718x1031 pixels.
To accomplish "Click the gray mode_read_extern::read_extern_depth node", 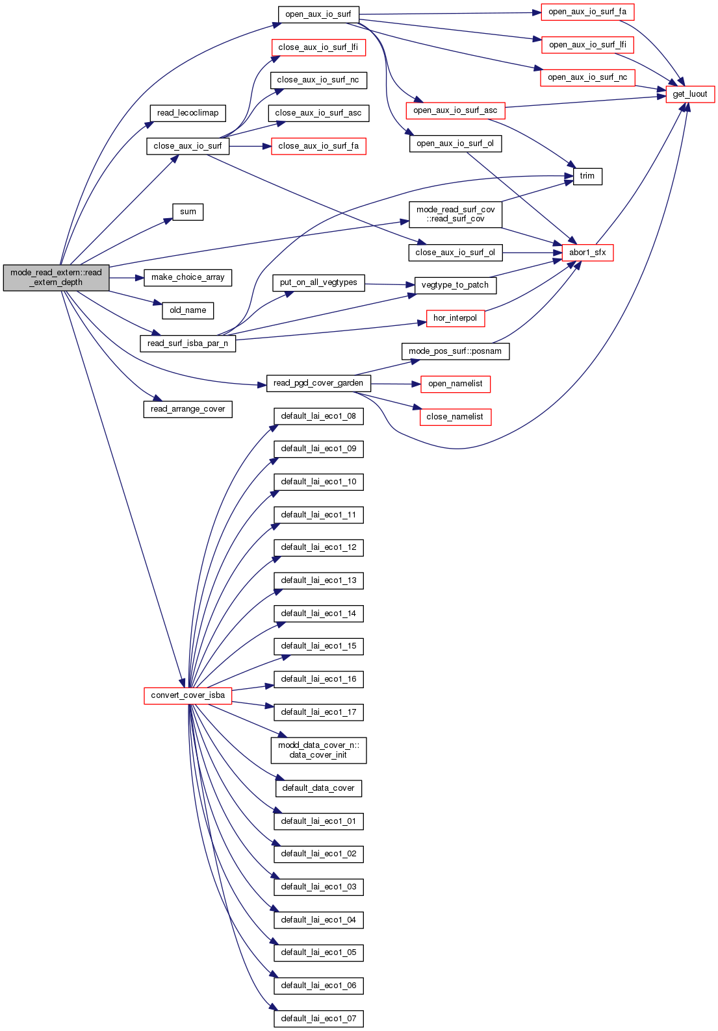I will [x=56, y=277].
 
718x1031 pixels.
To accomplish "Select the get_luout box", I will [x=690, y=94].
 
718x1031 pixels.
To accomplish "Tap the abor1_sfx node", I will [x=587, y=253].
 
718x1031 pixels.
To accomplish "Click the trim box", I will [x=587, y=176].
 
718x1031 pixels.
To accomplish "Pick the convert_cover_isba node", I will [x=188, y=695].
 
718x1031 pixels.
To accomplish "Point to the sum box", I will [x=188, y=212].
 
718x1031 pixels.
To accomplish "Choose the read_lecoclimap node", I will [x=188, y=113].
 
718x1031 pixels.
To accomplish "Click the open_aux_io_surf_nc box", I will [x=587, y=77].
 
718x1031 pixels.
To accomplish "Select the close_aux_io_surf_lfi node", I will [x=318, y=47].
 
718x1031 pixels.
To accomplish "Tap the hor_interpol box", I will [x=455, y=318].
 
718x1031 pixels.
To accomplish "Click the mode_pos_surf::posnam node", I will [x=455, y=351].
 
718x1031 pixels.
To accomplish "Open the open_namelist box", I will [x=455, y=384].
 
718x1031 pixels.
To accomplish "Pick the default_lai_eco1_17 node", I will [x=318, y=712].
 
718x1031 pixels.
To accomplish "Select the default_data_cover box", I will [x=318, y=788].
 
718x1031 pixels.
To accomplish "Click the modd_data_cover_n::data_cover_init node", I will [x=318, y=750].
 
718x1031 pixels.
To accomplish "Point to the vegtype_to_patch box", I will [x=455, y=285].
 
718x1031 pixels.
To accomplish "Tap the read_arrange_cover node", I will [x=188, y=409].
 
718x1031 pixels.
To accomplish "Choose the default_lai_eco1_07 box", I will [x=318, y=1019].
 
